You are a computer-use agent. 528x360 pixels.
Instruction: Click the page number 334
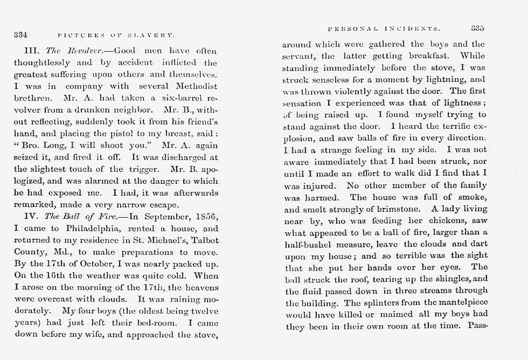pyautogui.click(x=21, y=35)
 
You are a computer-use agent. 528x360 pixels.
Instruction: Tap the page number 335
pyautogui.click(x=478, y=28)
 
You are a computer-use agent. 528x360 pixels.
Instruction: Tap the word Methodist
pyautogui.click(x=194, y=86)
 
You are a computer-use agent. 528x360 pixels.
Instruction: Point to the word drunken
pyautogui.click(x=102, y=110)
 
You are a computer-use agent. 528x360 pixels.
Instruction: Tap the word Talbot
pyautogui.click(x=200, y=240)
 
